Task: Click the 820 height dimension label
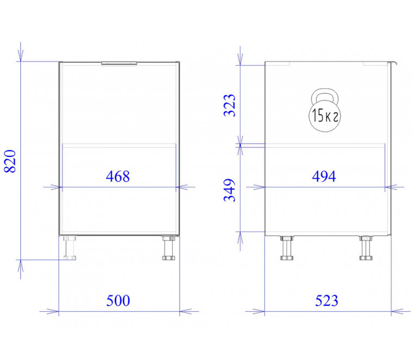(x=10, y=161)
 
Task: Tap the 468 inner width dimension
(x=118, y=176)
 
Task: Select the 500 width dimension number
(x=118, y=300)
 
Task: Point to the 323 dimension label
(x=229, y=105)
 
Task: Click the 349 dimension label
(x=229, y=190)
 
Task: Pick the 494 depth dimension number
(x=324, y=176)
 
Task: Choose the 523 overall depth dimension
(x=327, y=300)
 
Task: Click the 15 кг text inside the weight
(x=325, y=116)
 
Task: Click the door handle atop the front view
(x=119, y=63)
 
